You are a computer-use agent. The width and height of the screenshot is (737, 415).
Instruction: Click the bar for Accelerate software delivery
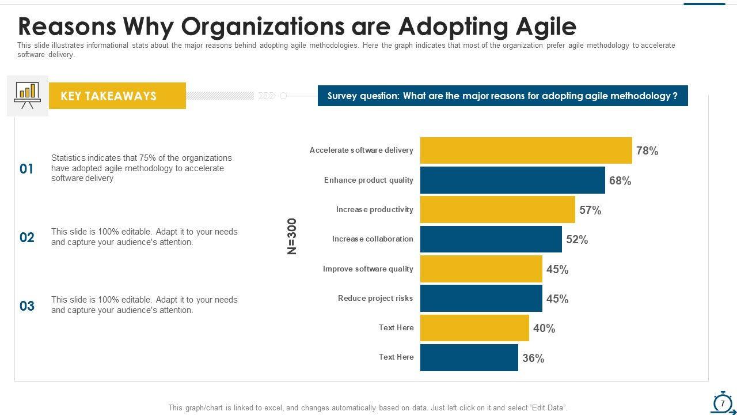(526, 150)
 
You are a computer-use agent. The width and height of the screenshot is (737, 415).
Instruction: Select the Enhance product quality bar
(512, 180)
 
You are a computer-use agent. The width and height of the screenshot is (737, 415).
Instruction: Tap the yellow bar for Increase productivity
(497, 210)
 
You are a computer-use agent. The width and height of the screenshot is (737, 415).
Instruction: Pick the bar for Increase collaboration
(491, 239)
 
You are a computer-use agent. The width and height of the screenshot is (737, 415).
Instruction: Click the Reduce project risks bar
(481, 299)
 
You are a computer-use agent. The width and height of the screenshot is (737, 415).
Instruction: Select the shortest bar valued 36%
(469, 358)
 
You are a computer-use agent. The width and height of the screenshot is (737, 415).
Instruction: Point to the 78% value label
(647, 151)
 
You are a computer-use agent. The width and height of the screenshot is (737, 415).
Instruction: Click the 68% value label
(620, 181)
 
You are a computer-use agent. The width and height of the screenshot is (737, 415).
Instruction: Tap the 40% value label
(544, 329)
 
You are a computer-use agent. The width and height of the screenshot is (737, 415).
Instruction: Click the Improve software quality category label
(368, 269)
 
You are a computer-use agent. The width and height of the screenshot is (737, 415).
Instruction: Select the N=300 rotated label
(292, 236)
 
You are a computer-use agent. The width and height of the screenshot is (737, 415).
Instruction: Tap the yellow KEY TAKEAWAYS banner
(117, 96)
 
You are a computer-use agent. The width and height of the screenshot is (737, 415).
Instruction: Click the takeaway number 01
(27, 169)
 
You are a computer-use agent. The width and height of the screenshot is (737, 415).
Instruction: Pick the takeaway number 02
(27, 237)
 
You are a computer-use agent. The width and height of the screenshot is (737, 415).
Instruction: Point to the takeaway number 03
(27, 306)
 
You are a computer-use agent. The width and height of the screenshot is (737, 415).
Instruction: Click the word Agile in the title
(540, 27)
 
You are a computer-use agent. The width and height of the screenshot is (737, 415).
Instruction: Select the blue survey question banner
(502, 96)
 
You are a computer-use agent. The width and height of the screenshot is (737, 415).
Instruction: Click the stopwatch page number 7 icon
(723, 403)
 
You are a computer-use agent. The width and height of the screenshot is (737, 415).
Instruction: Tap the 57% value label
(590, 210)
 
